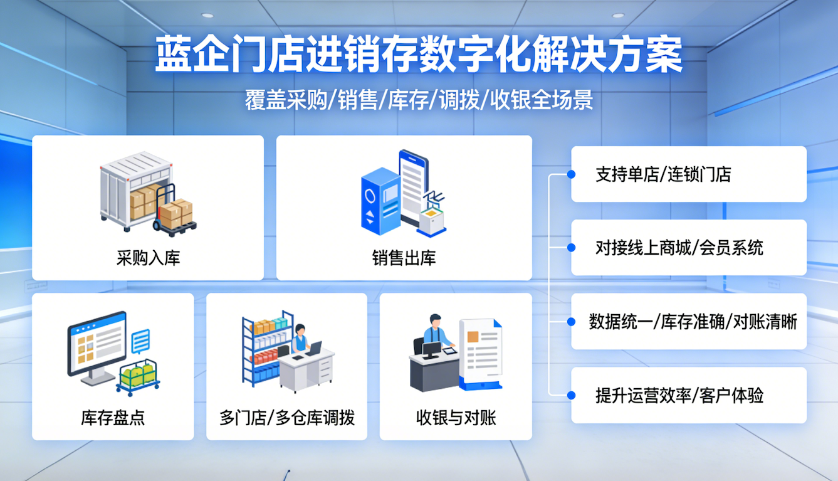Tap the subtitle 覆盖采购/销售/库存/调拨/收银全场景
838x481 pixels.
pos(419,100)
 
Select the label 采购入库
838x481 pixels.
pos(148,258)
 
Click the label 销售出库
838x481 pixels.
pos(404,258)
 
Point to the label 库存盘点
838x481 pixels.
pos(113,418)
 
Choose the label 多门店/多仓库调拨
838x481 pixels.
pos(287,418)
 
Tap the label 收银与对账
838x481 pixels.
pos(456,418)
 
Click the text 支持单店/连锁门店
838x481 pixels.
pos(663,174)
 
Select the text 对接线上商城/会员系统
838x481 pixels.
pos(679,248)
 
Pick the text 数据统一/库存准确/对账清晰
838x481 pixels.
pos(693,322)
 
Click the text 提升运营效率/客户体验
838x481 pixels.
pos(679,395)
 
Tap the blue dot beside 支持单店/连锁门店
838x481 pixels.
pos(571,174)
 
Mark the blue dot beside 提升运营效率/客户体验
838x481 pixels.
pos(571,395)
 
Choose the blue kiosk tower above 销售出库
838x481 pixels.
pos(380,201)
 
